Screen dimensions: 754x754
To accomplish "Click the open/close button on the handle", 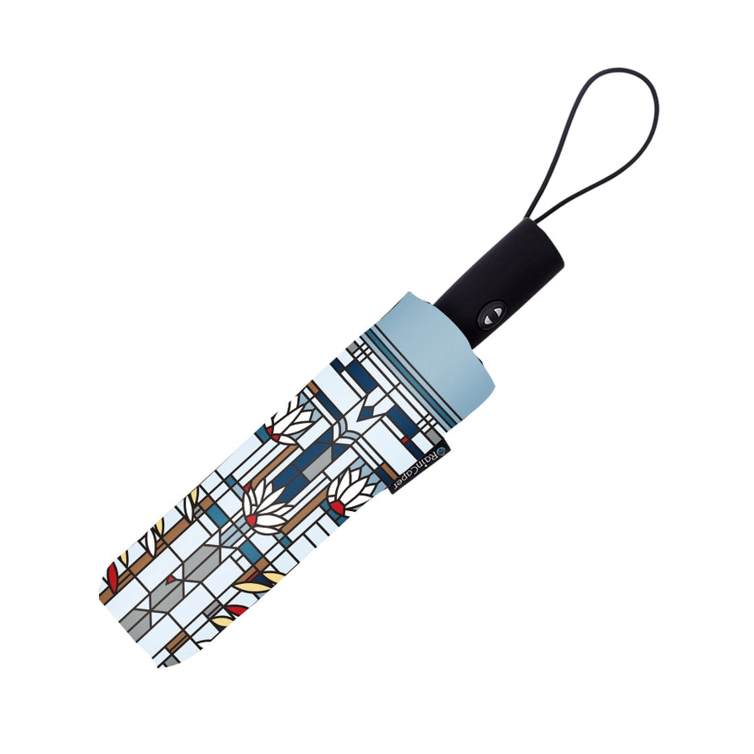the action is [x=492, y=314].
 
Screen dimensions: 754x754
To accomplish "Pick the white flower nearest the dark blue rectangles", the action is [x=292, y=423].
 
